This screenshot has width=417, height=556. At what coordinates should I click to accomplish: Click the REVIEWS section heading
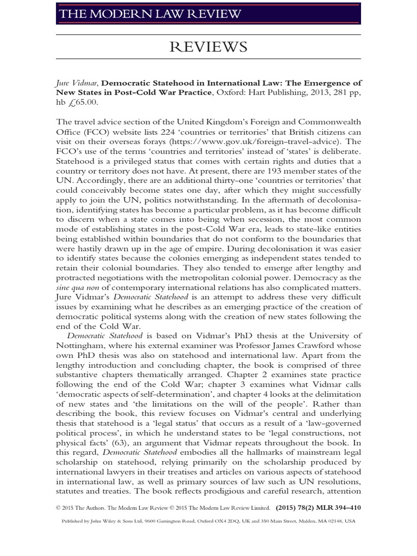click(x=208, y=48)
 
